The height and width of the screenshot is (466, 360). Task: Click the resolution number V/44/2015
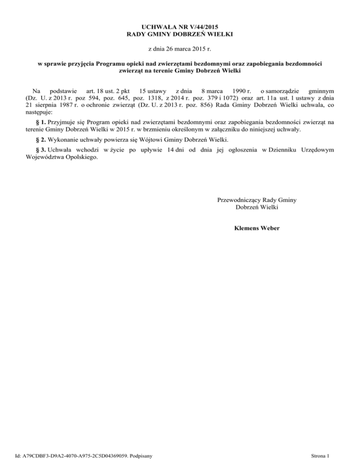coord(199,26)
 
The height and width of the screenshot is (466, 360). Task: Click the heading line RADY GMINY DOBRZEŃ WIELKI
coord(180,34)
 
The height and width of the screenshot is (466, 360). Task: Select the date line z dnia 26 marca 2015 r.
coord(180,49)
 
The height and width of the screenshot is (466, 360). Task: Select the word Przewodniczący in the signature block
coord(239,200)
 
